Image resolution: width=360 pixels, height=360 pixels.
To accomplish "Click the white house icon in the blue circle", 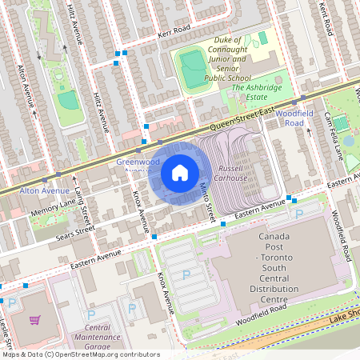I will coord(180,172).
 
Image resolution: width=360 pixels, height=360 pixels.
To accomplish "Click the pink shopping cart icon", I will coord(35,320).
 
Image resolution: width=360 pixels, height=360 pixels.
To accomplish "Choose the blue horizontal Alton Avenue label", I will coord(44,192).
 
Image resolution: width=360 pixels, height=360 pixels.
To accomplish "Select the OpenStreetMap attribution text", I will coord(80,354).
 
